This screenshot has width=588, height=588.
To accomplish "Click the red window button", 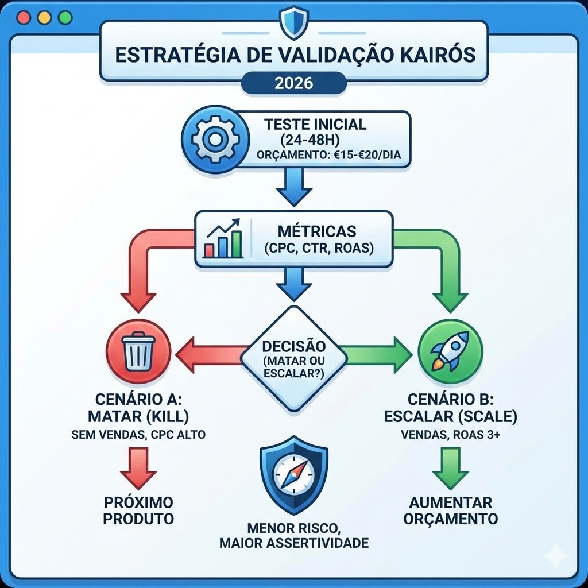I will (24, 17).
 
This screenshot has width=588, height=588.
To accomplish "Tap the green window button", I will (65, 17).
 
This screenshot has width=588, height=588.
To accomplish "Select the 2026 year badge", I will (293, 83).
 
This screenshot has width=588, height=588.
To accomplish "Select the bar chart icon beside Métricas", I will (223, 240).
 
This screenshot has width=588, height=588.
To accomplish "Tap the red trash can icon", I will (139, 351).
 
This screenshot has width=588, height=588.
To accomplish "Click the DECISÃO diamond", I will (293, 358).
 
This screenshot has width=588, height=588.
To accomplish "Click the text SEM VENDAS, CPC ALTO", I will (139, 435).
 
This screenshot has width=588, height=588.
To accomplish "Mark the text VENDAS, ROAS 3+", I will (451, 435).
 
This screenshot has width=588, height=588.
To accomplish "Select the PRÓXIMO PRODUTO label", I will (139, 510).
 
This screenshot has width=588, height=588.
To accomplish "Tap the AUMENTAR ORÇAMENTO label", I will (451, 510).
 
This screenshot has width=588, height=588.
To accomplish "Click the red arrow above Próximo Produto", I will (138, 468).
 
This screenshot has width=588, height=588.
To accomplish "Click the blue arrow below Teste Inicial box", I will (293, 188).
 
